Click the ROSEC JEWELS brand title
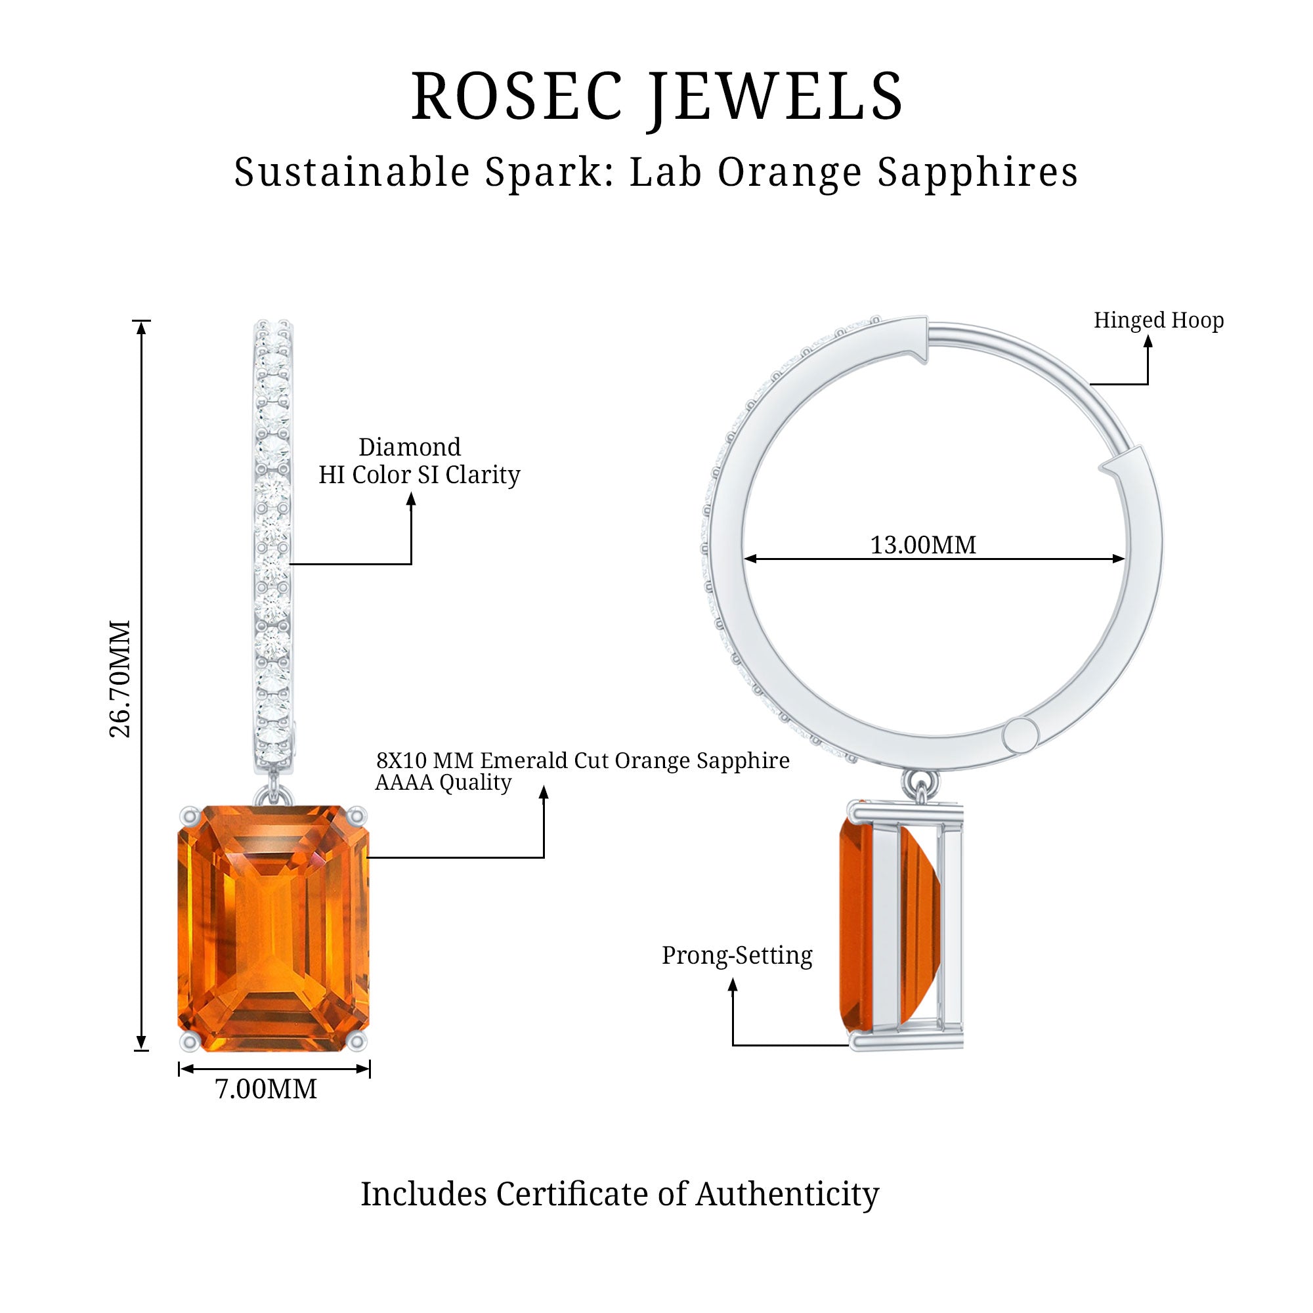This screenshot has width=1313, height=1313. pyautogui.click(x=656, y=97)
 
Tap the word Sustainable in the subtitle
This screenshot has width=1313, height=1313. pyautogui.click(x=352, y=172)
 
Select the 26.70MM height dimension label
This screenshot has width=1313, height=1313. pyautogui.click(x=120, y=678)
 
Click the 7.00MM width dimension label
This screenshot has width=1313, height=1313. pyautogui.click(x=266, y=1088)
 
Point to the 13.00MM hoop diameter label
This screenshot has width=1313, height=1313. pyautogui.click(x=923, y=545)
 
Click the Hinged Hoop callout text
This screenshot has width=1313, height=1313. pyautogui.click(x=1158, y=320)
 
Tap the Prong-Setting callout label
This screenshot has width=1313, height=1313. pyautogui.click(x=737, y=955)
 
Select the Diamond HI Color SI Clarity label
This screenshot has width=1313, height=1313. pyautogui.click(x=420, y=462)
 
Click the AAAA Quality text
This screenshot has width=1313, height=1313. pyautogui.click(x=443, y=783)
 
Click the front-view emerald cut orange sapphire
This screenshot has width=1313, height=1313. pyautogui.click(x=273, y=928)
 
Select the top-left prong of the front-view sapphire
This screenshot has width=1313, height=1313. pyautogui.click(x=189, y=816)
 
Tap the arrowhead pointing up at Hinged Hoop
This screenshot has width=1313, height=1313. pyautogui.click(x=1148, y=342)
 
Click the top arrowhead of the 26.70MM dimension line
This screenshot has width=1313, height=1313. pyautogui.click(x=141, y=327)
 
